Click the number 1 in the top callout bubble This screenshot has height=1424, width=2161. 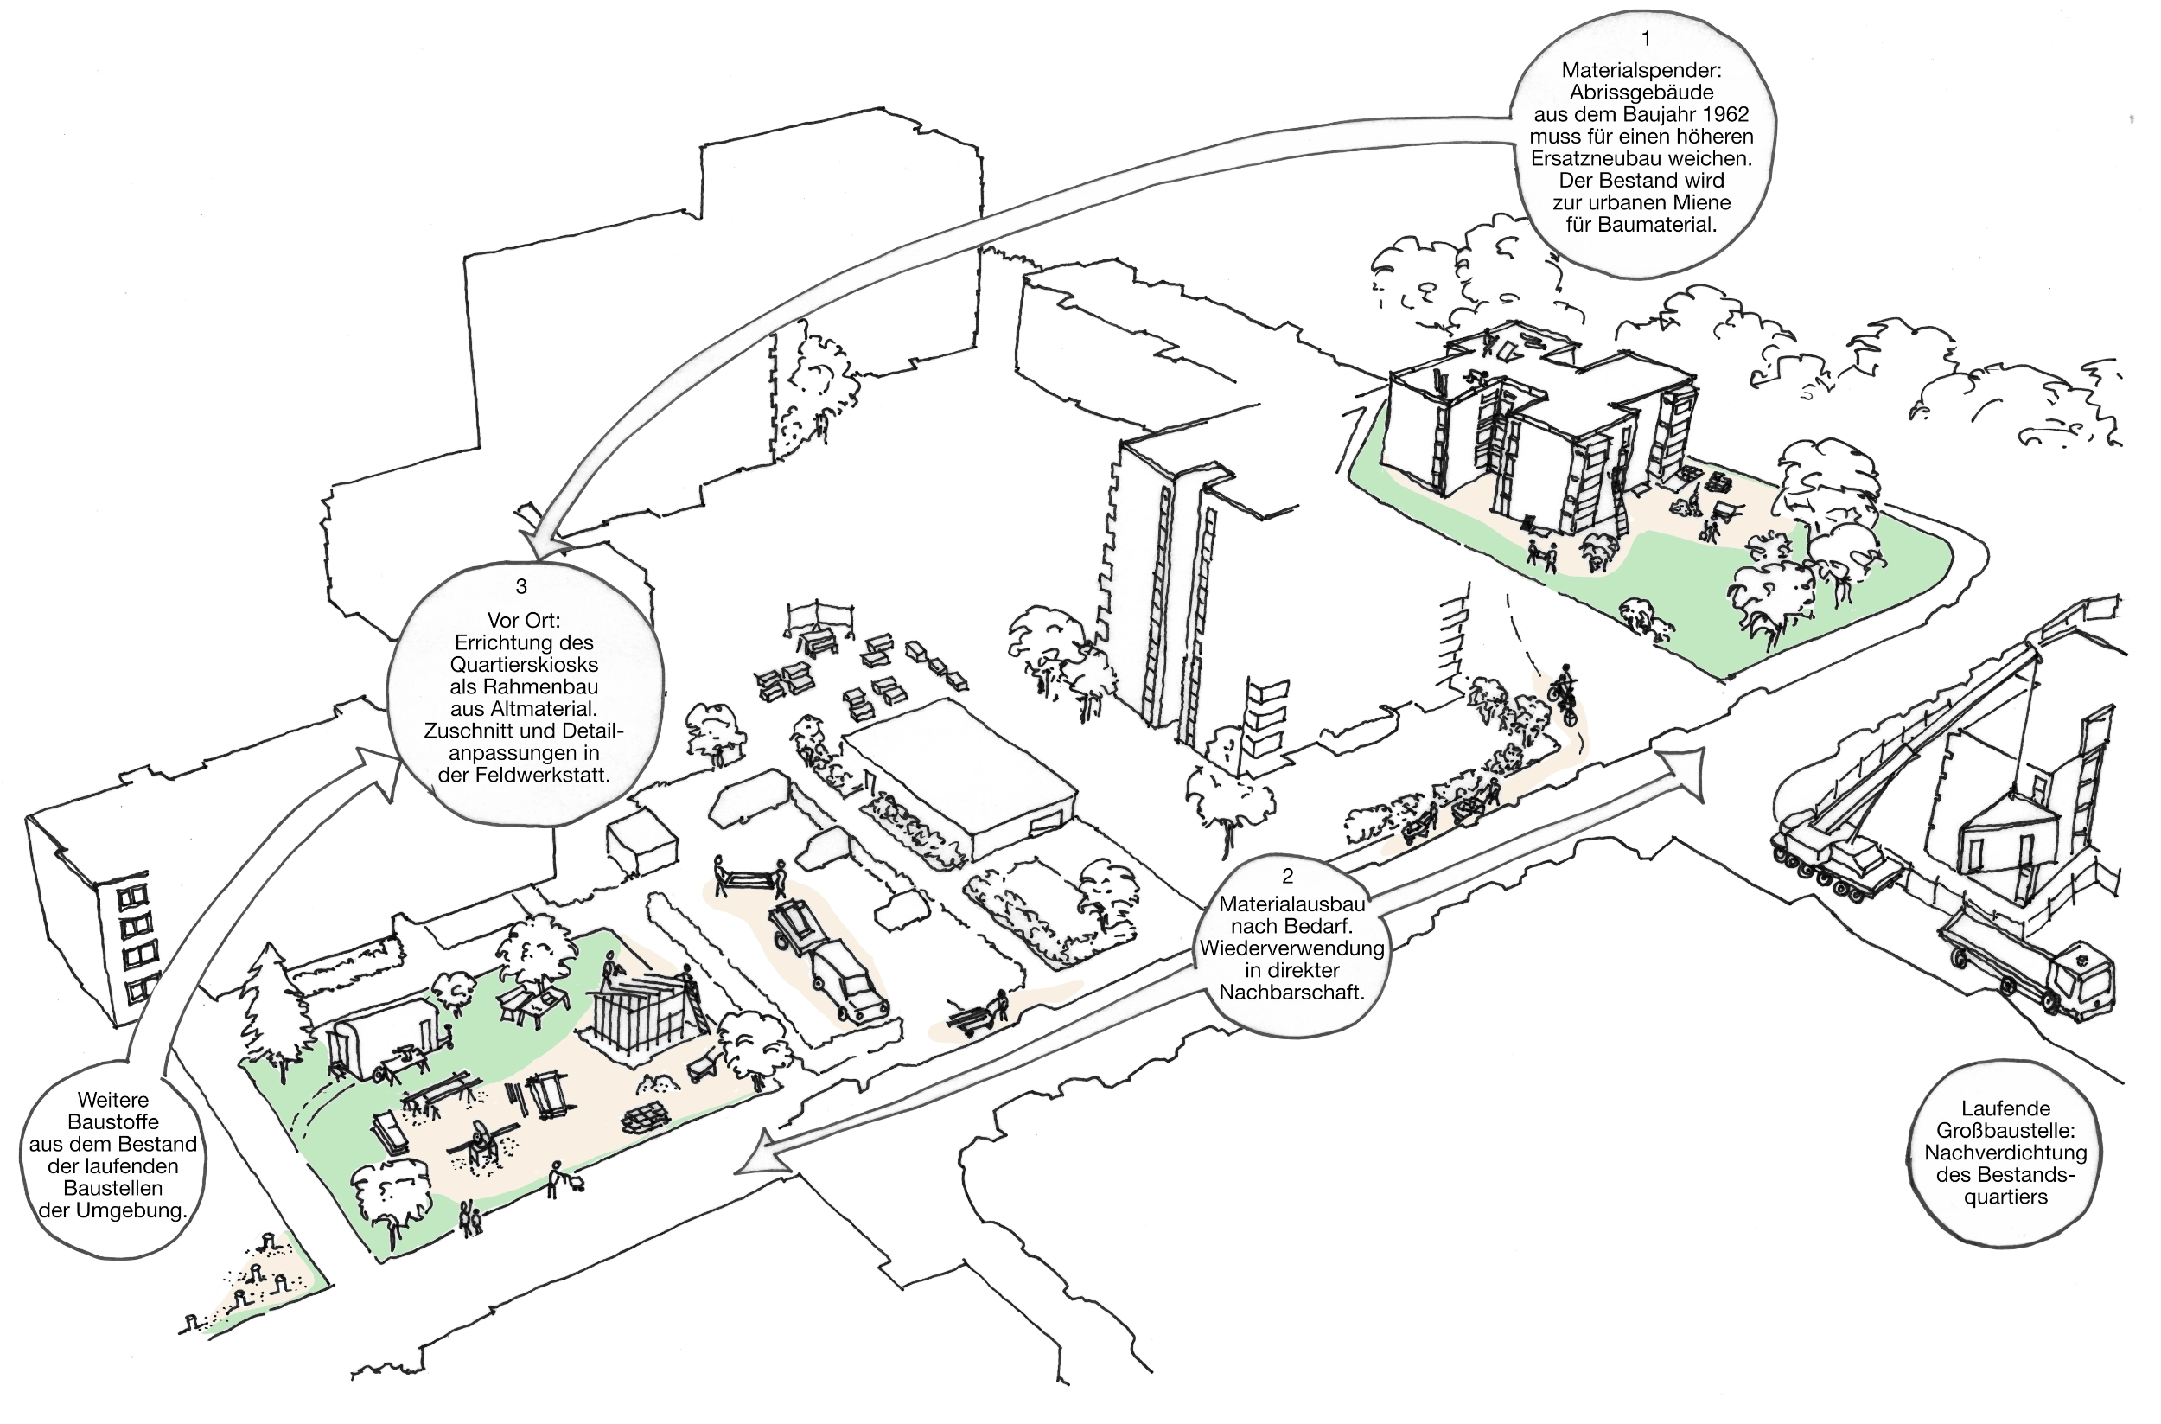[1646, 39]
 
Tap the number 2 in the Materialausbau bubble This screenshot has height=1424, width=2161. [1287, 877]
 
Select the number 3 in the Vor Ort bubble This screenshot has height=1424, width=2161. [521, 588]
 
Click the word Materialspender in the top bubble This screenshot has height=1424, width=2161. [1641, 70]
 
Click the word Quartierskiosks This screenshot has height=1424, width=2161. [524, 665]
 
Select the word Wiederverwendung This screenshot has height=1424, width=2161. [1291, 948]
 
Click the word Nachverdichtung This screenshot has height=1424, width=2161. [2005, 1153]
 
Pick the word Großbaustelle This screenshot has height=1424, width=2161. [2005, 1131]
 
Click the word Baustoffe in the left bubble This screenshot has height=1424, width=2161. [112, 1121]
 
